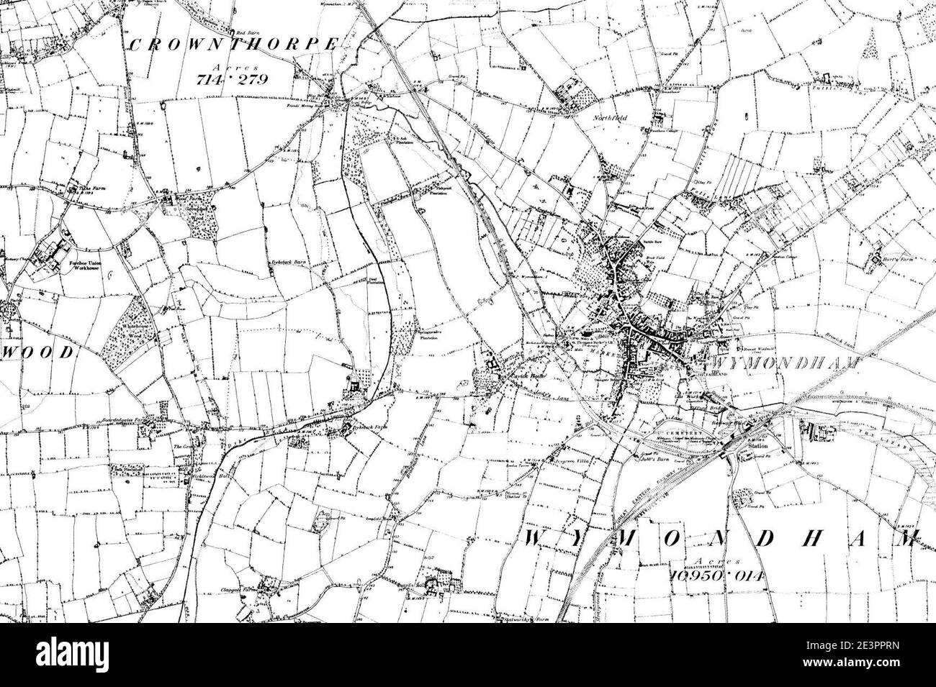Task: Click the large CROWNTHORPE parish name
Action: (233, 45)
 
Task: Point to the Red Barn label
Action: (248, 33)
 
